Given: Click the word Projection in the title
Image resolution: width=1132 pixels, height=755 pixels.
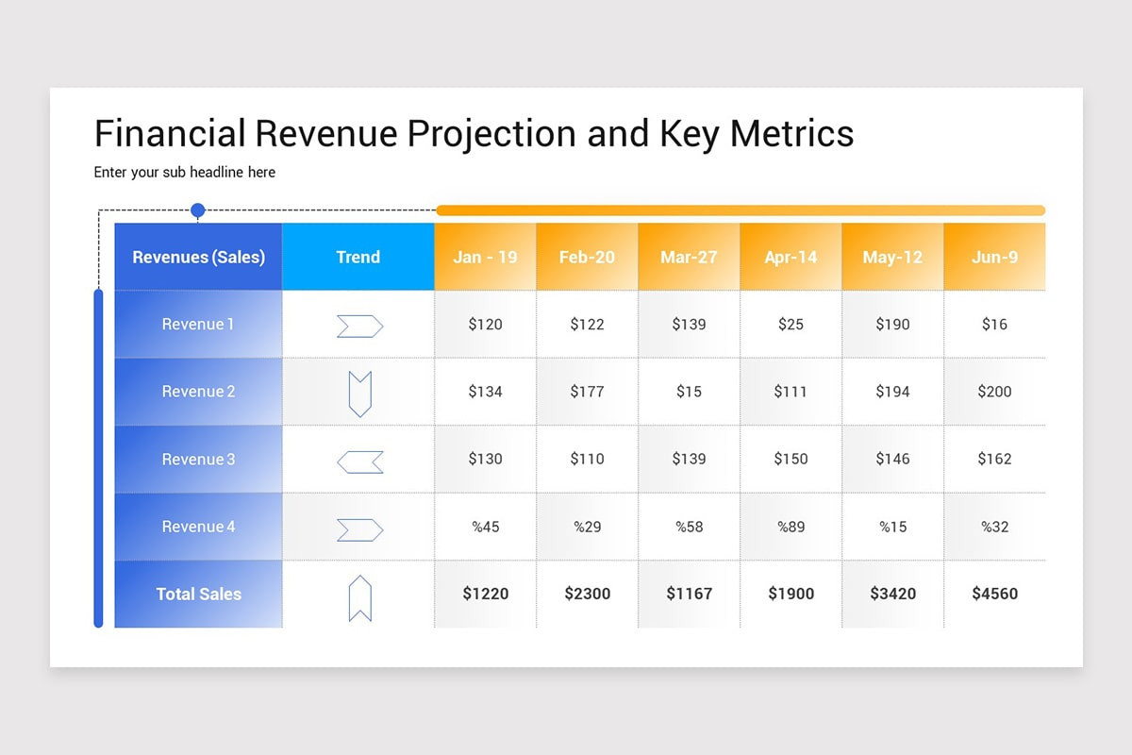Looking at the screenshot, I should click(x=491, y=134).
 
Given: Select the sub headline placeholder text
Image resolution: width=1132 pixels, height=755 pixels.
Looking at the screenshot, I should click(x=185, y=173).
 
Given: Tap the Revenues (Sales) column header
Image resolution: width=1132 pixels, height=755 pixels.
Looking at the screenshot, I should click(x=198, y=257).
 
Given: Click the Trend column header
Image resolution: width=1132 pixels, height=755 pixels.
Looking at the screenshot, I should click(x=358, y=257).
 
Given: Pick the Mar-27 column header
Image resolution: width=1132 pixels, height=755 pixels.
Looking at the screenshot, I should click(x=689, y=257).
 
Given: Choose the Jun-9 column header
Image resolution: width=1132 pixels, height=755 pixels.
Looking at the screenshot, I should click(x=994, y=257).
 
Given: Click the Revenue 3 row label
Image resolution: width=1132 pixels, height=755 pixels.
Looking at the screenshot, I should click(x=198, y=460).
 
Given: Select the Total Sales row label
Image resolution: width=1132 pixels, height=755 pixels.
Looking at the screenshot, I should click(x=198, y=595).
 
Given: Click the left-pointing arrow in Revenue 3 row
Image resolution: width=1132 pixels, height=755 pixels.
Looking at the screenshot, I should click(x=359, y=461).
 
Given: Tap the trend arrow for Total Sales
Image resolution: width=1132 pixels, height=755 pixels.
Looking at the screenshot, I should click(x=359, y=598).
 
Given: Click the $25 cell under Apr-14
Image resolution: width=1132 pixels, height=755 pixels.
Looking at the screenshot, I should click(x=791, y=325).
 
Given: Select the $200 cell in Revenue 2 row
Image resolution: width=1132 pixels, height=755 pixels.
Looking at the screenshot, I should click(x=994, y=392).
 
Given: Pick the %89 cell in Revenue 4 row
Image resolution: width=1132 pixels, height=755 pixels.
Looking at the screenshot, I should click(x=791, y=527).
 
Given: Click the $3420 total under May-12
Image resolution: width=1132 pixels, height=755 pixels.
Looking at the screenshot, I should click(x=892, y=595).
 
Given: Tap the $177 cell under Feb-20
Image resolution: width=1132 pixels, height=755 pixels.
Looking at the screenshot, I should click(x=587, y=392).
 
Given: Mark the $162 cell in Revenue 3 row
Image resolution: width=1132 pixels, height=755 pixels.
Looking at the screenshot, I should click(x=994, y=460).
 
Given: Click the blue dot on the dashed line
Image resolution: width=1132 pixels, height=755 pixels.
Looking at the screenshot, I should click(x=198, y=210).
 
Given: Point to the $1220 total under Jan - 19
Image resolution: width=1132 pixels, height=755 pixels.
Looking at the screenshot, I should click(x=485, y=595).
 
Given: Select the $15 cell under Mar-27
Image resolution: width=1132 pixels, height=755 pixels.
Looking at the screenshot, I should click(x=689, y=392).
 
